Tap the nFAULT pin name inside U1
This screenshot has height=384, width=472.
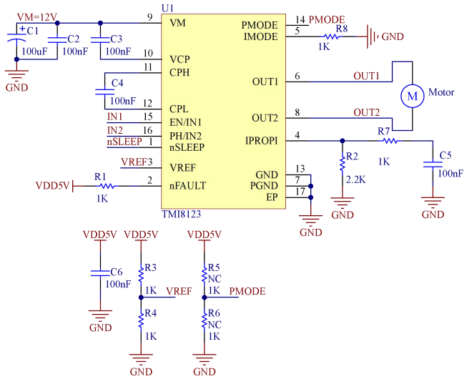point(187,185)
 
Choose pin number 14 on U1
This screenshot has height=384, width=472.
point(299,19)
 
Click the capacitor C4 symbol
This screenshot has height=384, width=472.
point(101,90)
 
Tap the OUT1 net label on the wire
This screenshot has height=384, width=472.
point(367,75)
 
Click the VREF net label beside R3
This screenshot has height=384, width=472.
point(178,291)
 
